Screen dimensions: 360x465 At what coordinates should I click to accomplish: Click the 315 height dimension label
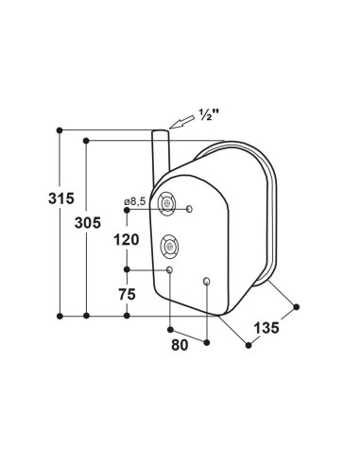point(61,198)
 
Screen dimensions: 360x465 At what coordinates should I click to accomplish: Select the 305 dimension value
point(88,223)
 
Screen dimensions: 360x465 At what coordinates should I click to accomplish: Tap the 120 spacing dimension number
point(127,240)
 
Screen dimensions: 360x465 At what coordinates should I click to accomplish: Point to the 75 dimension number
point(127,295)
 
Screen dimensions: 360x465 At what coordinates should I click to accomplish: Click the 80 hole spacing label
point(180,345)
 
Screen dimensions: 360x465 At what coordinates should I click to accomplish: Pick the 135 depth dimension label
point(266,328)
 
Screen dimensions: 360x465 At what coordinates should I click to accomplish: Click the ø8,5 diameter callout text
point(135,201)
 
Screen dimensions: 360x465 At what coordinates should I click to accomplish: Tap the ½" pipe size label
point(209,115)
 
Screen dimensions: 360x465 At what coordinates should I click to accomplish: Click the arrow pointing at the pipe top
point(181,123)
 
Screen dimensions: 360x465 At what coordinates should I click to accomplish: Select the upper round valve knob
point(166,203)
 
